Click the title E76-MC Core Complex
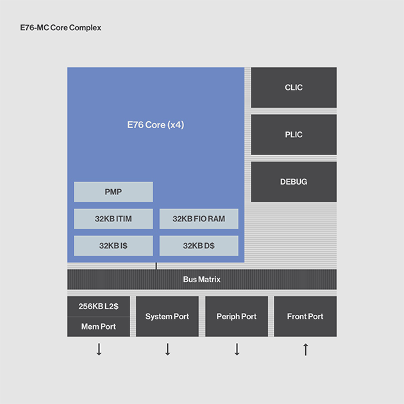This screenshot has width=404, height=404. (x=60, y=28)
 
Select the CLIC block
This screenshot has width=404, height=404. (x=294, y=87)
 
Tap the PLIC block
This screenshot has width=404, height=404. (x=294, y=135)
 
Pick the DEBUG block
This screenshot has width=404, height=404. (x=294, y=181)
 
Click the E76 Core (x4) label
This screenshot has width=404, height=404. (x=156, y=124)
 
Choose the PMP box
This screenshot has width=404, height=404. (x=114, y=192)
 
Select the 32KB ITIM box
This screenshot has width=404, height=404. (x=114, y=219)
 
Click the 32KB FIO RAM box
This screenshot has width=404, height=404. (x=199, y=219)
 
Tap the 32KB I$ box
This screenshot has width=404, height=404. (x=114, y=246)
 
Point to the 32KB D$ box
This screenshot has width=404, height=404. (x=199, y=246)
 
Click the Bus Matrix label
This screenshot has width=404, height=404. (x=202, y=280)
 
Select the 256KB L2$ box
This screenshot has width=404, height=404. (x=98, y=307)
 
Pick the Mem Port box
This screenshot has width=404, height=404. (x=98, y=326)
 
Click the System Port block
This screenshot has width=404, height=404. (x=167, y=316)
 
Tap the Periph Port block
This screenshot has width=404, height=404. (x=237, y=316)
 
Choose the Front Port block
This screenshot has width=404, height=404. (x=305, y=316)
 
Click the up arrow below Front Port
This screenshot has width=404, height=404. (x=306, y=349)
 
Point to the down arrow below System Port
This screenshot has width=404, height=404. (x=168, y=349)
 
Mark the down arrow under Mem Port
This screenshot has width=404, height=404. (x=99, y=349)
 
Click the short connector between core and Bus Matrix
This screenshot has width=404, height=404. (x=156, y=266)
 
